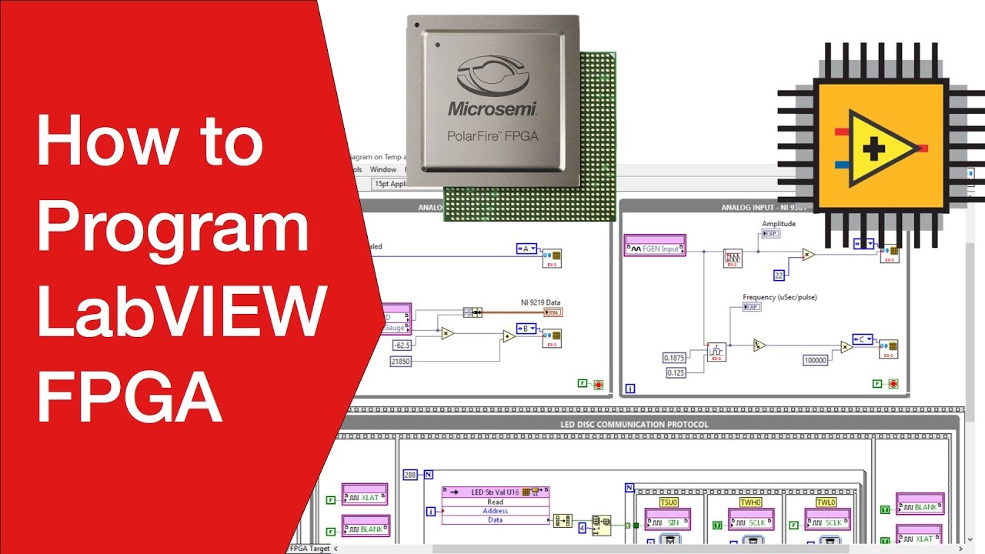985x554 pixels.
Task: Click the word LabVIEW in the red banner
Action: tap(179, 311)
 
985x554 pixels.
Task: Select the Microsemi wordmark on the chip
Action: tap(492, 108)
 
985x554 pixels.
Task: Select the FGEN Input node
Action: tap(655, 249)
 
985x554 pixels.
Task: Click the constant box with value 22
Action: tap(779, 275)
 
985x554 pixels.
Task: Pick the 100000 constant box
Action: tap(815, 360)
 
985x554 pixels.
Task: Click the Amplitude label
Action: tap(779, 224)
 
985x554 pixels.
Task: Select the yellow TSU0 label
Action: tap(668, 502)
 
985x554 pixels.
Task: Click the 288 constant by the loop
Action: tap(410, 475)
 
